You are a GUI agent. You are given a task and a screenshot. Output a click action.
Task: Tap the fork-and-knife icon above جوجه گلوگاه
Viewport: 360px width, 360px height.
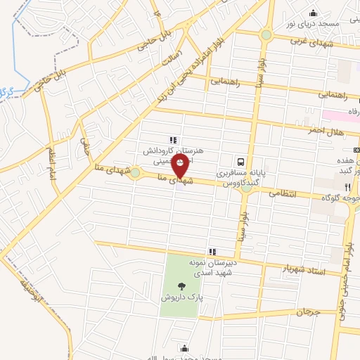(347, 187)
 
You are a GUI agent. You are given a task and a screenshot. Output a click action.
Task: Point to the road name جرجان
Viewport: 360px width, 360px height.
(307, 311)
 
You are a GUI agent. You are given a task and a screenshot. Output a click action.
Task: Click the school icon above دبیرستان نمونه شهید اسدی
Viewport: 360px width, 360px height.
(211, 252)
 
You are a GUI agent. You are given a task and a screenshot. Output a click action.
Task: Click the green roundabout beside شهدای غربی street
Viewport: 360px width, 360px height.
(266, 35)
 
